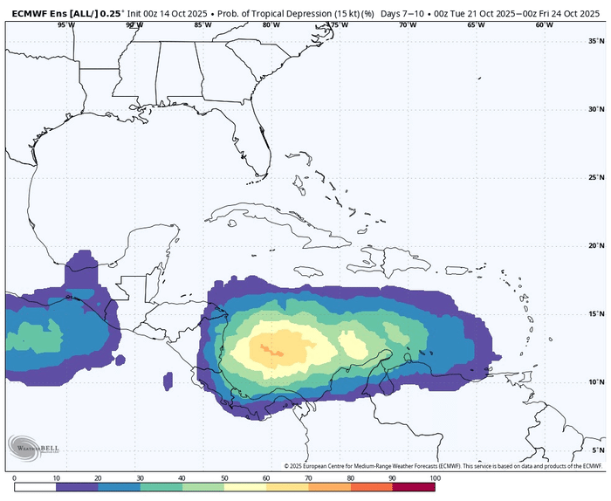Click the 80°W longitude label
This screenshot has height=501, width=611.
point(271,24)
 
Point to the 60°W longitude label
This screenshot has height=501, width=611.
point(544,24)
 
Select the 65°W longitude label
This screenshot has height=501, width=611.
point(476,24)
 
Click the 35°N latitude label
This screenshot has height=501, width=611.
point(597,41)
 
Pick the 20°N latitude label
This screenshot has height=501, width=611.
point(597,245)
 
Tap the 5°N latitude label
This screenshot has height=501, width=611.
point(599,450)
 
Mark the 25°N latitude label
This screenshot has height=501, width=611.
point(597,177)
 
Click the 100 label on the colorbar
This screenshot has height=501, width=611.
point(434,478)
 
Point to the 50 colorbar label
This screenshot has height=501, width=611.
point(224,478)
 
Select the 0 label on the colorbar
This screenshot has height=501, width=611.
point(15,478)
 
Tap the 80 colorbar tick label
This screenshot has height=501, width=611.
point(350,478)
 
